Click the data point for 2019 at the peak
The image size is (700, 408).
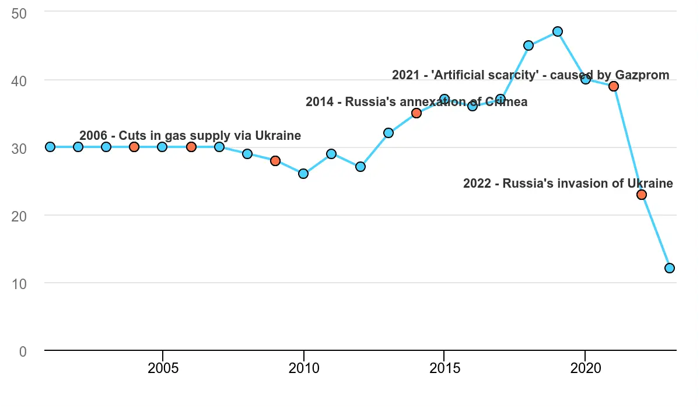click(x=557, y=31)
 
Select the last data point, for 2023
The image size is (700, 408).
click(x=670, y=268)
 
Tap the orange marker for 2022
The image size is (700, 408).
click(x=642, y=195)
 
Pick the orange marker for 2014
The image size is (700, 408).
click(x=416, y=113)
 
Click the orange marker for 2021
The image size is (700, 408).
click(x=614, y=86)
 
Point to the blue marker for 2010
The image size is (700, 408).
click(x=303, y=174)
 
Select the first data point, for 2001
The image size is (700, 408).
click(x=50, y=147)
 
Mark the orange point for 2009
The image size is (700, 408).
click(x=275, y=161)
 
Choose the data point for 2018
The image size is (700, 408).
click(x=528, y=45)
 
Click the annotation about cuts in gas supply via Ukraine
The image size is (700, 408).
click(x=190, y=136)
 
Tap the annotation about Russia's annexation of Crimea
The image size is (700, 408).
click(x=416, y=102)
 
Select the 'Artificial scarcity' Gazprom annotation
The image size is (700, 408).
click(x=530, y=75)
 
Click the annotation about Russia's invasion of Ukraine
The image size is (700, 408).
click(x=568, y=184)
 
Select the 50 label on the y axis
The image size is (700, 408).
click(x=19, y=12)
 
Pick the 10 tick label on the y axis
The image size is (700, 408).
click(x=19, y=283)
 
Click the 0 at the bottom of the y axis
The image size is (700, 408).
click(x=23, y=351)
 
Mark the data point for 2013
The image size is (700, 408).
click(x=388, y=133)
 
